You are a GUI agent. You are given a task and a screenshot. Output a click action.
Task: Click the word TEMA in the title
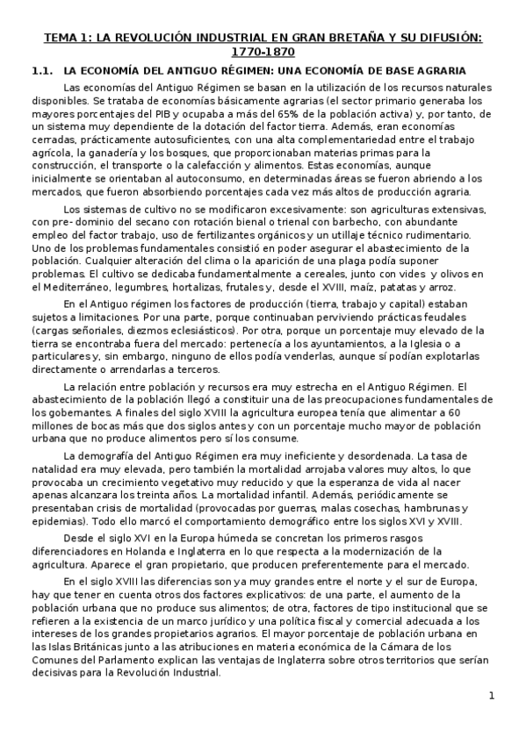pos(62,39)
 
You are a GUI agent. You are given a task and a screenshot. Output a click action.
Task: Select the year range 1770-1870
pos(263,54)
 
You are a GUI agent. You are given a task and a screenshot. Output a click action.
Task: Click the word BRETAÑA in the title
pos(349,39)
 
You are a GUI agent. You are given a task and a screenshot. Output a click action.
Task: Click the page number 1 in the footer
pos(492,697)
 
